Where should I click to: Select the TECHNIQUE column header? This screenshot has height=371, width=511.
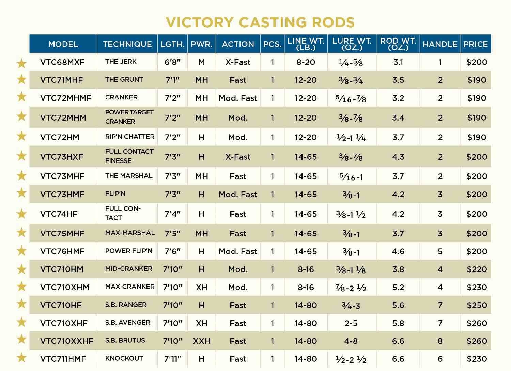pyautogui.click(x=127, y=44)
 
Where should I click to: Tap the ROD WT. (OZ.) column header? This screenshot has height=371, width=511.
pyautogui.click(x=398, y=44)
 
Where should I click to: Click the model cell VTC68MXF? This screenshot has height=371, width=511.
pyautogui.click(x=62, y=62)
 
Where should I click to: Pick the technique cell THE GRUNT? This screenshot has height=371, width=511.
pyautogui.click(x=124, y=79)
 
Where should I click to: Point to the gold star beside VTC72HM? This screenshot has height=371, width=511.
pyautogui.click(x=22, y=136)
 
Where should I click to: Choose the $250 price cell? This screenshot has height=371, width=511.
pyautogui.click(x=477, y=305)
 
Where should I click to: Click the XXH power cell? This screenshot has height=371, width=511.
pyautogui.click(x=202, y=341)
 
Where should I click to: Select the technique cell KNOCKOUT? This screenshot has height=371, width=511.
pyautogui.click(x=124, y=358)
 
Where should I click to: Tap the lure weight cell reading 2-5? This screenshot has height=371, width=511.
pyautogui.click(x=351, y=323)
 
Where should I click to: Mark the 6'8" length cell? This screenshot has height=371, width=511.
pyautogui.click(x=172, y=62)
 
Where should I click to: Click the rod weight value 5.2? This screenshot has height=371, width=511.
pyautogui.click(x=398, y=287)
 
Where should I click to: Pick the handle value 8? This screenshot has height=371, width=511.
pyautogui.click(x=440, y=341)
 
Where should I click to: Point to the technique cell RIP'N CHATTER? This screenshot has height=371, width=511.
pyautogui.click(x=130, y=137)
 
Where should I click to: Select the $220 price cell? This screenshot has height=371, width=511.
pyautogui.click(x=477, y=269)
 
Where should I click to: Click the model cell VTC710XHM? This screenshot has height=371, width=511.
pyautogui.click(x=65, y=287)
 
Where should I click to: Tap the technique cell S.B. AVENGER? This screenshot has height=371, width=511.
pyautogui.click(x=128, y=322)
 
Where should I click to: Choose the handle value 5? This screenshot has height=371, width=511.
pyautogui.click(x=440, y=251)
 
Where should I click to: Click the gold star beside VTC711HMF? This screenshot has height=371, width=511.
pyautogui.click(x=22, y=357)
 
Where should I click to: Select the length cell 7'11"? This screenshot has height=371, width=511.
pyautogui.click(x=172, y=359)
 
